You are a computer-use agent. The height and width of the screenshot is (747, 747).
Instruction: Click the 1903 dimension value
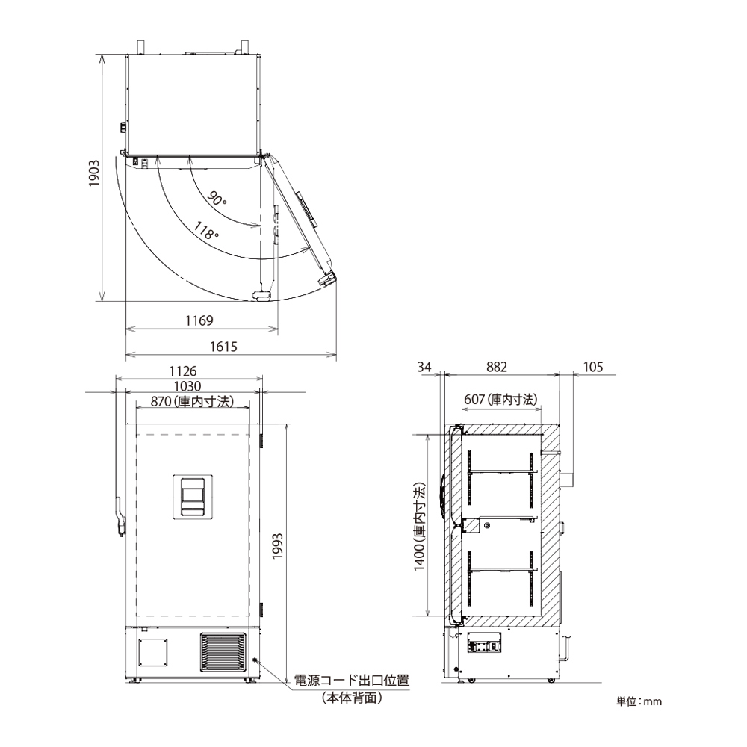point(95,173)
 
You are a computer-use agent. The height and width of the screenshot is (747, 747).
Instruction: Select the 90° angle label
point(217,198)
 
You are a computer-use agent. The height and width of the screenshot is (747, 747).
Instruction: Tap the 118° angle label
point(206,231)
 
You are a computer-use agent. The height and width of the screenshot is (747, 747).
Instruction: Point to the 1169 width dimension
point(199,320)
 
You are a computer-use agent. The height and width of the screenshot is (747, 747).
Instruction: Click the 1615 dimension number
point(223,347)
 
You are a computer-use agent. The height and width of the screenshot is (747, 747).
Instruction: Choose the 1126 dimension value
point(183,371)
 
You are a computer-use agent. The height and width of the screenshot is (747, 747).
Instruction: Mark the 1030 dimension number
point(187,386)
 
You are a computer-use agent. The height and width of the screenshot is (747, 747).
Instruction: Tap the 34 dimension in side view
point(424,366)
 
